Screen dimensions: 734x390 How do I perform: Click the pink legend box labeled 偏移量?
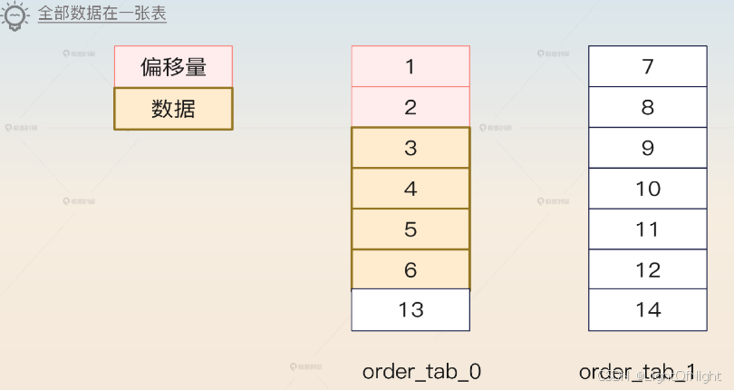click(173, 66)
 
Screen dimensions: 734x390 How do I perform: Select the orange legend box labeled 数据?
click(173, 109)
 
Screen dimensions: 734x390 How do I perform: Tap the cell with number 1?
click(410, 66)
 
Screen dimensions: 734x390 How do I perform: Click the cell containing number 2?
click(410, 107)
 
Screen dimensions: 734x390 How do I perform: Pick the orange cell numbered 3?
click(410, 148)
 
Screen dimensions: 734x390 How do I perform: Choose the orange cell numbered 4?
click(410, 189)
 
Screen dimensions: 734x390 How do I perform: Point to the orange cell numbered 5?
click(410, 229)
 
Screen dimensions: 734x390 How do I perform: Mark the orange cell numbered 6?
click(410, 269)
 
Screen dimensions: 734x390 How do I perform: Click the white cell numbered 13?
click(410, 310)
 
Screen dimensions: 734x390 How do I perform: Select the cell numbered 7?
click(647, 66)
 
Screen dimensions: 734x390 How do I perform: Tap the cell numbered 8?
click(647, 107)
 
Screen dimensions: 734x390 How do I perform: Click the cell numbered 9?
click(647, 148)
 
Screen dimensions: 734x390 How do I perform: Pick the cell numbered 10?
click(647, 189)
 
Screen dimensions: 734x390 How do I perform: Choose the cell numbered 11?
click(647, 229)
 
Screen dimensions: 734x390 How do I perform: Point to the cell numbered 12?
click(647, 269)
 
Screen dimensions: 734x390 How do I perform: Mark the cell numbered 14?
click(647, 310)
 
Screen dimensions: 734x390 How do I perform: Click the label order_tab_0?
click(421, 371)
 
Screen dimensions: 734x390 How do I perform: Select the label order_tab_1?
click(638, 371)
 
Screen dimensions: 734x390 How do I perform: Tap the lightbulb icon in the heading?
click(17, 16)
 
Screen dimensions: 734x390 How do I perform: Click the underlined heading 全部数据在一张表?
click(102, 15)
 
